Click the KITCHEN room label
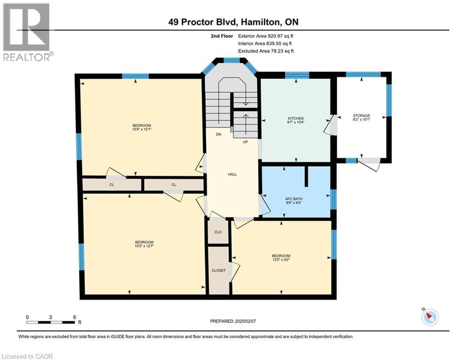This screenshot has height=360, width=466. [296, 118]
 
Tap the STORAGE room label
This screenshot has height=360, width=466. [361, 116]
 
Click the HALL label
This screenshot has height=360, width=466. [232, 174]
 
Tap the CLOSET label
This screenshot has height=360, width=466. [218, 270]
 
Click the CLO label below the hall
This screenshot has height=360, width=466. [218, 232]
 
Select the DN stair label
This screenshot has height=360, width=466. [218, 135]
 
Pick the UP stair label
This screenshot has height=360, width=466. [245, 142]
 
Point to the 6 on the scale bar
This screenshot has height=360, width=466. [74, 317]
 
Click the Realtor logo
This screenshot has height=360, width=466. [27, 32]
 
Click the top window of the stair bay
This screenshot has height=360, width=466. [231, 60]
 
